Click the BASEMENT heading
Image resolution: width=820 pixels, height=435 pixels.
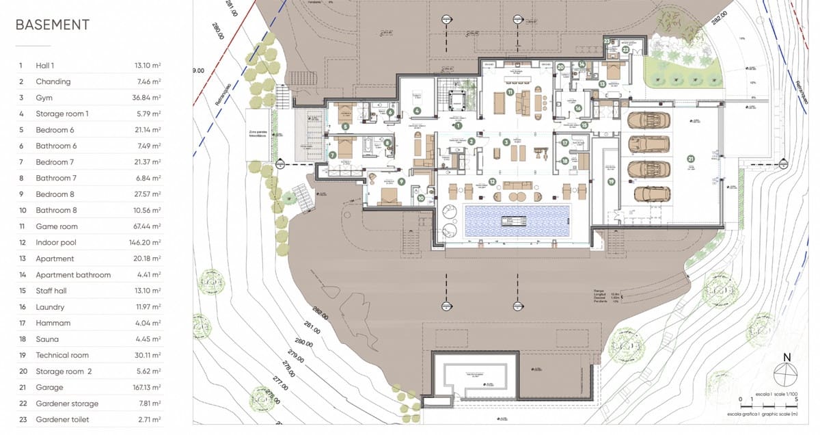(52, 25)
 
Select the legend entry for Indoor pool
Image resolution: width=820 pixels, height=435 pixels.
(56, 243)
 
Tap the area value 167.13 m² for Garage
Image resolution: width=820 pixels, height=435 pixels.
(147, 387)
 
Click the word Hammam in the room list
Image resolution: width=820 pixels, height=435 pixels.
(53, 323)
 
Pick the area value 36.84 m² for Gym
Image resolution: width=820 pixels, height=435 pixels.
(147, 98)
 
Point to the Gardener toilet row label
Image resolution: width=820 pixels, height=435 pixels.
(62, 419)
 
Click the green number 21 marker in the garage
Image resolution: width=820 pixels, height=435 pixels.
(691, 159)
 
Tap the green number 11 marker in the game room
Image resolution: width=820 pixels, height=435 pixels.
(510, 92)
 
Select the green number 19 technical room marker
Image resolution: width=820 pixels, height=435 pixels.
(611, 181)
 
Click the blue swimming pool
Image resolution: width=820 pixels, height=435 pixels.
(517, 220)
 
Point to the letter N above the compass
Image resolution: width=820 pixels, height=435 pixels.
(787, 358)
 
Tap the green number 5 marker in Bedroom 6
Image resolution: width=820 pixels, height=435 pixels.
(345, 127)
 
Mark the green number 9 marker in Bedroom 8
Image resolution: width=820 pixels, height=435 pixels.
(401, 182)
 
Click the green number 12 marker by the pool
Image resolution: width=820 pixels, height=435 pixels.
(492, 182)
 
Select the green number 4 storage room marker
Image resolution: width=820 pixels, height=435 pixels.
(417, 110)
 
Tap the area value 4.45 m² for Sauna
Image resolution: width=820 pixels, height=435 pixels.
(148, 339)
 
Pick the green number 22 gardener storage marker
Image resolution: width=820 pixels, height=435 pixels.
(625, 50)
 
